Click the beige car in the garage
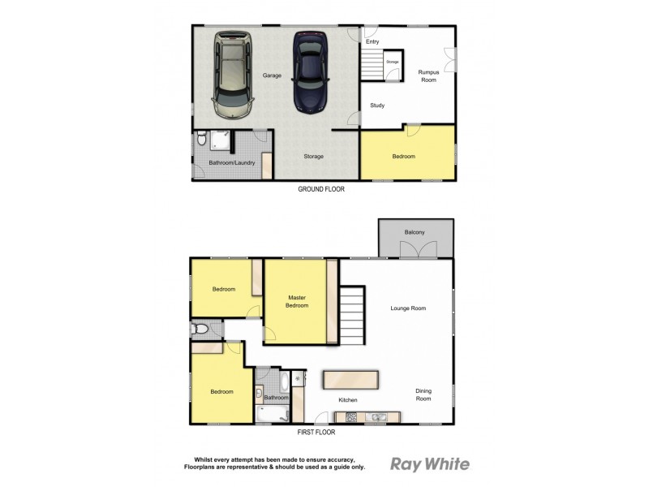point(234,74)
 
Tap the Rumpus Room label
point(428,75)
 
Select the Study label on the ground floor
point(377,106)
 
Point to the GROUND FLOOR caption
point(322,188)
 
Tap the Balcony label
point(415,233)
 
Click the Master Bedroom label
point(297,301)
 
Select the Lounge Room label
point(408,308)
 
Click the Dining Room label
point(423,394)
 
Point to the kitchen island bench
point(350,379)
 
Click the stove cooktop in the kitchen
point(352,417)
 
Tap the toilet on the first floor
point(200,330)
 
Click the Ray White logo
point(430,464)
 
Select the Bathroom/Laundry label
point(232,163)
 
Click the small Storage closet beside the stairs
point(392,62)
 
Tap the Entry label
point(372,41)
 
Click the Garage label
point(272,75)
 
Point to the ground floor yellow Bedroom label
point(403,157)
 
